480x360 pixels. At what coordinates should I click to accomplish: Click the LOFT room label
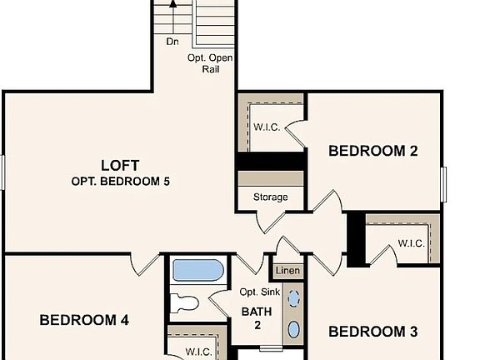[x=120, y=165]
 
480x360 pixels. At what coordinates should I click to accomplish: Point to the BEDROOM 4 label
[x=83, y=320]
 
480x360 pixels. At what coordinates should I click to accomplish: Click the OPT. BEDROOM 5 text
[x=121, y=181]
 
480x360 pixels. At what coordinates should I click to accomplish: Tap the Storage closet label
[x=271, y=197]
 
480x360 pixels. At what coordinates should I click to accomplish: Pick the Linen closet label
[x=287, y=271]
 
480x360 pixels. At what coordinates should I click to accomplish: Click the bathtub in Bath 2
[x=197, y=271]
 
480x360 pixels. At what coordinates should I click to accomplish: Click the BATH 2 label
[x=257, y=318]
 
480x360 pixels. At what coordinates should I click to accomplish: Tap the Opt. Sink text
[x=257, y=292]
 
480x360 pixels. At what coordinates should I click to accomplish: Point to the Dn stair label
[x=172, y=40]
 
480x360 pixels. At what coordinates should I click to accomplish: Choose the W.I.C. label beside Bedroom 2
[x=267, y=127]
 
